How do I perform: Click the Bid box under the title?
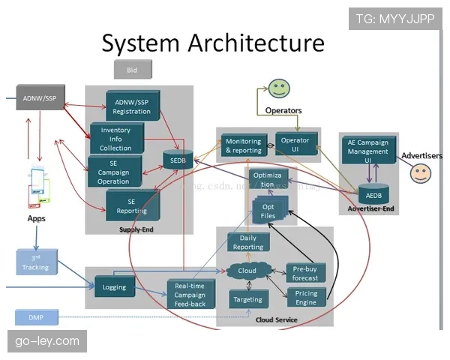pos(132,70)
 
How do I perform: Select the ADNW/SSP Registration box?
pos(132,106)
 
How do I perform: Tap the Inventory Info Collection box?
pos(115,139)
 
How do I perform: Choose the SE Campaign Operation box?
pos(114,172)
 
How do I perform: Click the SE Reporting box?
pos(132,206)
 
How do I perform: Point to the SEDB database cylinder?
pos(178,160)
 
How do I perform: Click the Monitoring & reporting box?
pos(244,145)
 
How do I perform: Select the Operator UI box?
pos(295,145)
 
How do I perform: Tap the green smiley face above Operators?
pos(279,88)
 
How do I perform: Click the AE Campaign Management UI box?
pos(368,151)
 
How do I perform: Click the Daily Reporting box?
pos(248,242)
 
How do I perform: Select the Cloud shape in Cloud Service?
pos(247,271)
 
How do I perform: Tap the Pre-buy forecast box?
pos(305,273)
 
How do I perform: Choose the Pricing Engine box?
pos(306,298)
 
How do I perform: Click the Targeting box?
pos(248,299)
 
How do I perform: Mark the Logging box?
pos(114,287)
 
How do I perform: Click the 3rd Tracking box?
pos(35,262)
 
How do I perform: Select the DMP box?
pos(35,318)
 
